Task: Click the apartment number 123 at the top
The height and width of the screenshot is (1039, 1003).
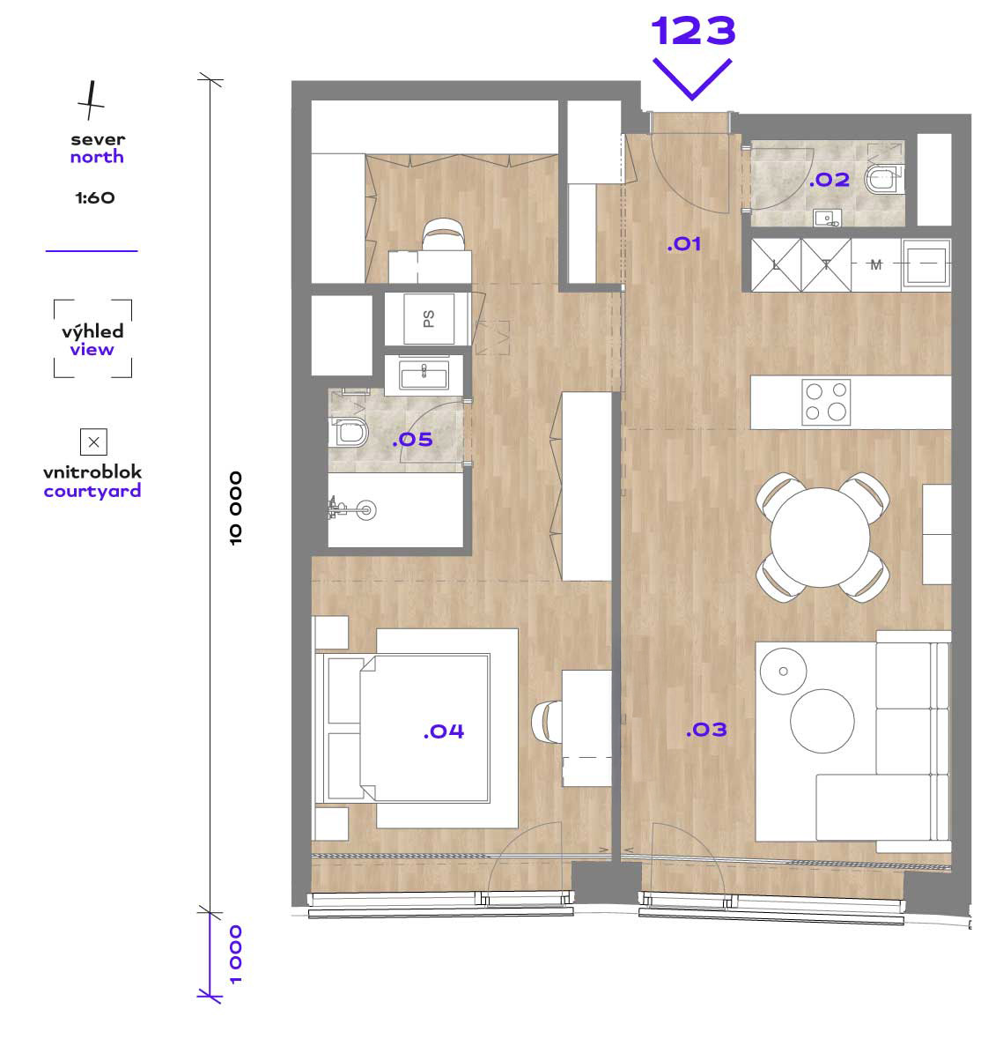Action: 693,31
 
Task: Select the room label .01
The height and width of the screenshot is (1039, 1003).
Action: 684,244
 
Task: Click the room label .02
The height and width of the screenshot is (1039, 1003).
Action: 829,180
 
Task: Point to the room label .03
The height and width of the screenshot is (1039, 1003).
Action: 705,730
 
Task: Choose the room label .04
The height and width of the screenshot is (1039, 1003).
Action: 444,731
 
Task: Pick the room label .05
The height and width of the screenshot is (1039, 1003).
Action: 412,440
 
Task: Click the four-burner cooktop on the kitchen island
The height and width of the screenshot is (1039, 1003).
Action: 826,402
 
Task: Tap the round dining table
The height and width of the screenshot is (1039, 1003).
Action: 820,537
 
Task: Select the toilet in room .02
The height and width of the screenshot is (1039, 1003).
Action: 883,179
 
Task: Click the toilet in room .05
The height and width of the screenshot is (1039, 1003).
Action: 349,432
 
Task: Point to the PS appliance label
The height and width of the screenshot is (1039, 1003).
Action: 428,319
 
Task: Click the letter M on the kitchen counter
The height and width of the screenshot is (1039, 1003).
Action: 876,265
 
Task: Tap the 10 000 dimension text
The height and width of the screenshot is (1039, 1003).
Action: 236,508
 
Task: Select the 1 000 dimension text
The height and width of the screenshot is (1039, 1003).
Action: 236,954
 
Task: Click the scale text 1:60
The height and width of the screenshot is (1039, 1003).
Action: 95,197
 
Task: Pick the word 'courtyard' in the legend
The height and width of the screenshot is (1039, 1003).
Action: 92,492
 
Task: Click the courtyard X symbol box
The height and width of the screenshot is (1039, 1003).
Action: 93,442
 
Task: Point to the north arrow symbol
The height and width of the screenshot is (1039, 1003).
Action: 91,100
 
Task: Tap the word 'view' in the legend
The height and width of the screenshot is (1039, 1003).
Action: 92,349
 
